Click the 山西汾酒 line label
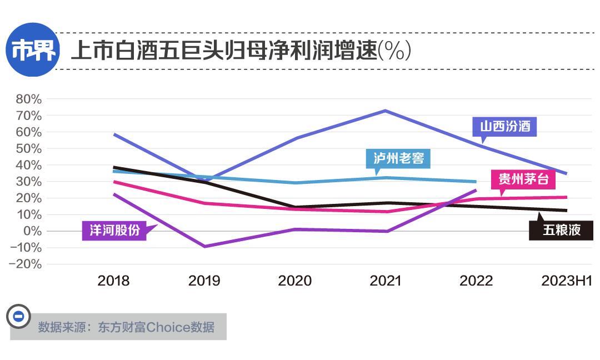point(505,127)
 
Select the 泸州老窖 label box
point(398,158)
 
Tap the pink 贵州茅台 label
point(523,179)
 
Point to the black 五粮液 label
point(561,230)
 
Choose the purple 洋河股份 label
point(114,230)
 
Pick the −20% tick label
point(26,264)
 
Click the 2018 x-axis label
point(113,281)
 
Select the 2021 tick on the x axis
point(386,281)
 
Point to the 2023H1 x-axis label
point(567,281)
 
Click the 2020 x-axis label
point(295,281)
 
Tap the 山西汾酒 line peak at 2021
point(385,111)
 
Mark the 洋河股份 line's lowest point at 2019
point(204,246)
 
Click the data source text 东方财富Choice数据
point(126,327)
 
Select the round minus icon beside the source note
point(18,317)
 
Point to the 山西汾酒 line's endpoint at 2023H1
point(566,173)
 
